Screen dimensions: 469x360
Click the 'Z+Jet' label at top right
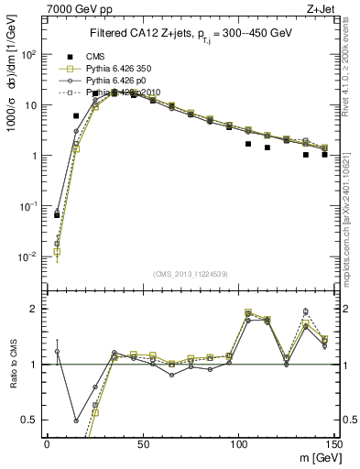tap(322, 8)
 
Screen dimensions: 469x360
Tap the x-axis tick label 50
tap(142, 443)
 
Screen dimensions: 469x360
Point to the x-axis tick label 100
tap(238, 443)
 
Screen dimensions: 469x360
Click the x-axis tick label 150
tap(333, 443)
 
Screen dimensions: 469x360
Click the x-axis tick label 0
tap(47, 443)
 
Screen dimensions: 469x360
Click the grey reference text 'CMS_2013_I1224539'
tap(191, 273)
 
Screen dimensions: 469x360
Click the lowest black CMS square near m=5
tap(57, 214)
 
